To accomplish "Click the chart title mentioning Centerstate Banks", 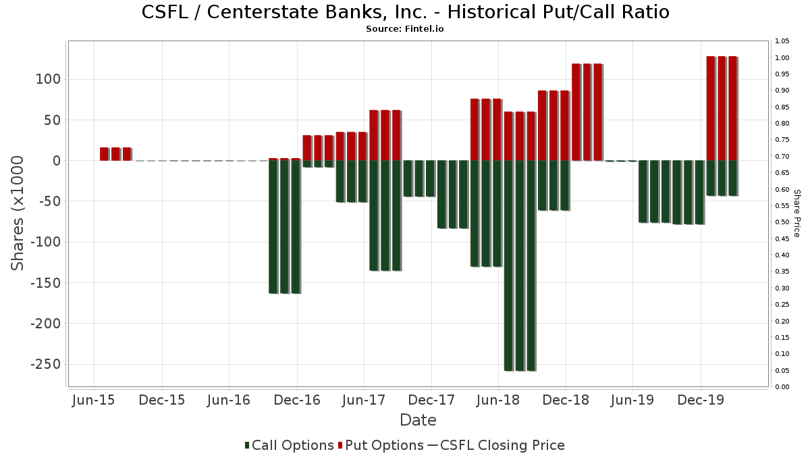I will coord(405,13).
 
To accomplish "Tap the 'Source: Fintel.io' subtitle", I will coord(405,29).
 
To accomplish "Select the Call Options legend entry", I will coord(289,445).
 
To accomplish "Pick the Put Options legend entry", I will coord(381,445).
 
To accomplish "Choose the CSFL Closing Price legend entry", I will coord(495,445).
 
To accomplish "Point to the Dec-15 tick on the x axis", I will coord(163,400).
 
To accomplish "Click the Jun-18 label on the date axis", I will coord(498,400).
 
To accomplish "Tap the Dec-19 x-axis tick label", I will coord(701,400).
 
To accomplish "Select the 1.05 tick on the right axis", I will coord(782,41).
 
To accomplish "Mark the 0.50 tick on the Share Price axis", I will coord(782,222).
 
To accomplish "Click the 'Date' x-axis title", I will coord(418,420).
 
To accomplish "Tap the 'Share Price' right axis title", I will coord(796,213).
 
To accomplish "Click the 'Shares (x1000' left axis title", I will coord(18,213).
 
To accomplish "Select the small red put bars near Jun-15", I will coord(115,154).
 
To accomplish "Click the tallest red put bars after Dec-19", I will coord(722,108).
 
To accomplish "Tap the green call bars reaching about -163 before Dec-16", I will coord(285,226).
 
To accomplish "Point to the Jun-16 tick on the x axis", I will coord(230,400).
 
